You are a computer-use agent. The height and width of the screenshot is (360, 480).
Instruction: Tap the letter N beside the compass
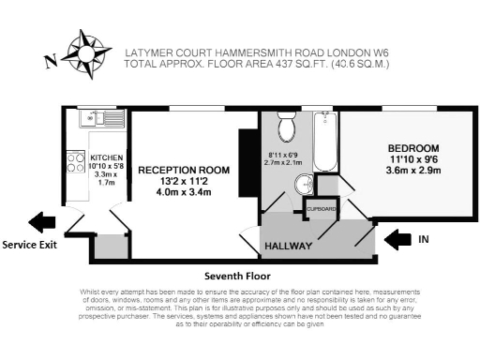point(50,63)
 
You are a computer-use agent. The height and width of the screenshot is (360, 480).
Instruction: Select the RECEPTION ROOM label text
point(184,171)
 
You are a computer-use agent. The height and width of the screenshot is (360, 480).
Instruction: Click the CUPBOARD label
point(322,209)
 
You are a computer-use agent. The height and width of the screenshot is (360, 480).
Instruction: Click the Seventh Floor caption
point(237,277)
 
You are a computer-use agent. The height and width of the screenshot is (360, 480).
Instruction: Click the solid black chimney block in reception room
point(248,154)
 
